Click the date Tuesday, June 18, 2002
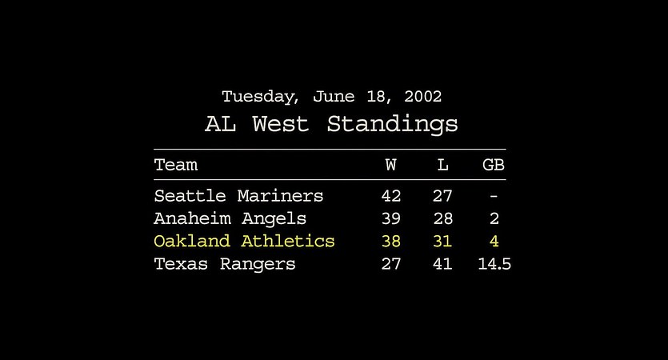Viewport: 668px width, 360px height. pos(331,97)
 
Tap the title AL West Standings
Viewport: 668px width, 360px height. pos(331,124)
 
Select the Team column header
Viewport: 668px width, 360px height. pos(175,165)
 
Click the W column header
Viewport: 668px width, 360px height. pos(390,165)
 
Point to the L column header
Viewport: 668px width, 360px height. pos(442,165)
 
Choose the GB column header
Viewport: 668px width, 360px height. pos(494,165)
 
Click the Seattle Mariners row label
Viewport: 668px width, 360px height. pos(238,196)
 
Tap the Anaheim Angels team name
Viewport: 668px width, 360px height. pos(230,219)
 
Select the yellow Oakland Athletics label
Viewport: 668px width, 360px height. pos(244,241)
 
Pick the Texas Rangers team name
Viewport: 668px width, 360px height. pos(225,264)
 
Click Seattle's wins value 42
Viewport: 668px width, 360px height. pos(391,196)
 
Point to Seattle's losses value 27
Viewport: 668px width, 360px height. pos(442,196)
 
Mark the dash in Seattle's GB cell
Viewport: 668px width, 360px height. pos(494,197)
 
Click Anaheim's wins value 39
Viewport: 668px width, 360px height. pos(391,218)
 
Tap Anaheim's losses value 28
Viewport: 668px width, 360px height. pos(442,218)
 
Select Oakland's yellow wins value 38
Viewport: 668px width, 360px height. pos(391,241)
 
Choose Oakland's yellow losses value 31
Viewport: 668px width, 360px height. pos(442,241)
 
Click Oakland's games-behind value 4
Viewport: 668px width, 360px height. pos(494,241)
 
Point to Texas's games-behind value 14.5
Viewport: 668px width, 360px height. pos(494,264)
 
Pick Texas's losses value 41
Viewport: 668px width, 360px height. pos(442,264)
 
